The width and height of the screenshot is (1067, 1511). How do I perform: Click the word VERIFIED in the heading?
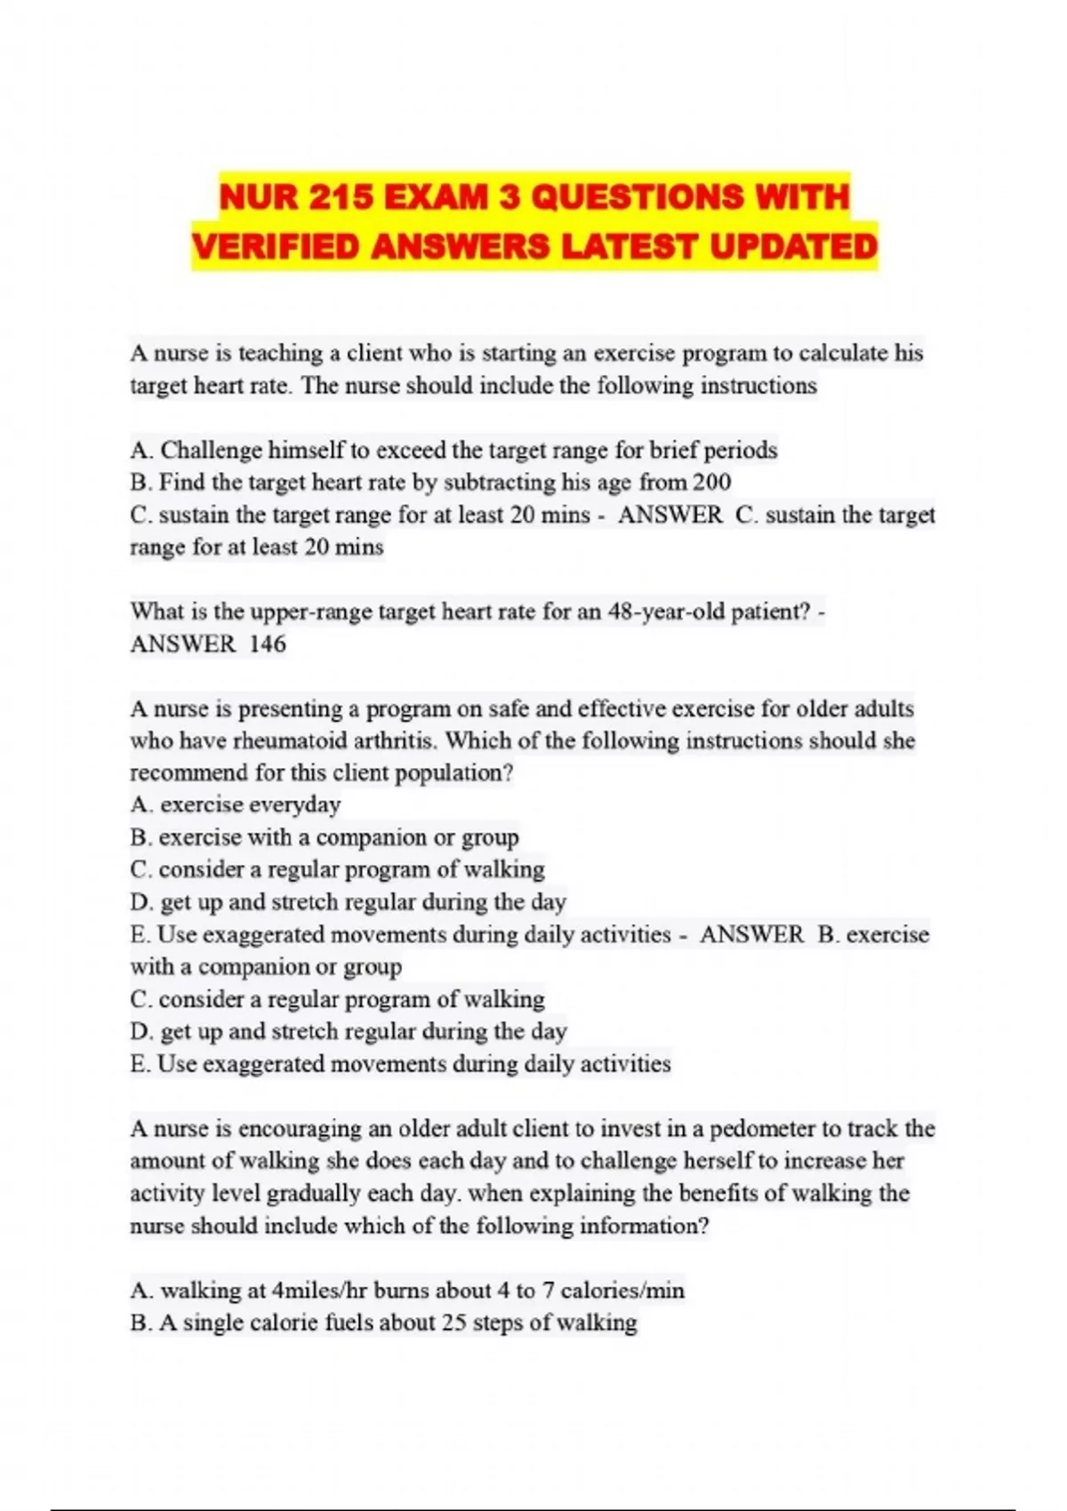[275, 246]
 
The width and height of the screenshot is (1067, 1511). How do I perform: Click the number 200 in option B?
[711, 483]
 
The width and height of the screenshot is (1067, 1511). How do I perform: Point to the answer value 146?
[268, 644]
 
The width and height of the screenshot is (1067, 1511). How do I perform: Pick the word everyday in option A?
[295, 805]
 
